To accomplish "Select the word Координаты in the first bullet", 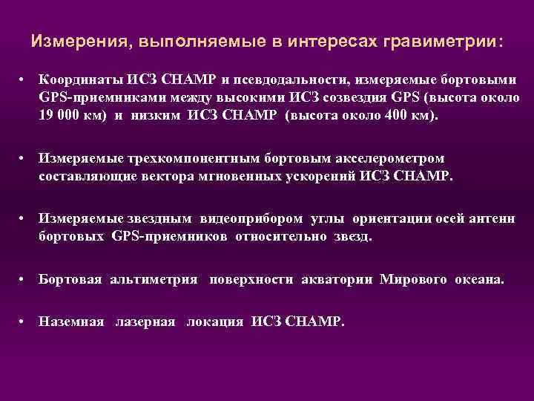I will point(80,79).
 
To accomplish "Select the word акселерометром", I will point(386,158).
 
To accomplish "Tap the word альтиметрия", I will point(154,280).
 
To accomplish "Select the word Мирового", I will point(413,280).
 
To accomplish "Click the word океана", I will point(479,280).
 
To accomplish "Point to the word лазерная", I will point(145,322).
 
